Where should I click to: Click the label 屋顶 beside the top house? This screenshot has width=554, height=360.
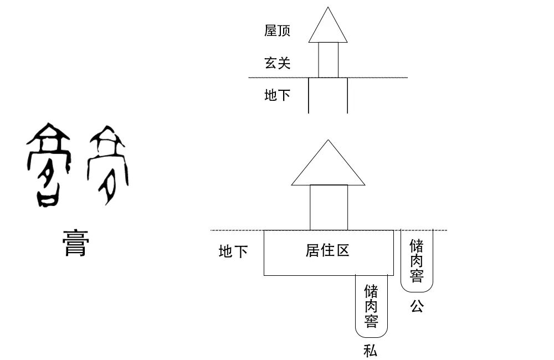pyautogui.click(x=278, y=30)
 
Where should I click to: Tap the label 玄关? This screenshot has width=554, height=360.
pyautogui.click(x=278, y=63)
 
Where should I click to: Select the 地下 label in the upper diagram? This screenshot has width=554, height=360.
pyautogui.click(x=278, y=95)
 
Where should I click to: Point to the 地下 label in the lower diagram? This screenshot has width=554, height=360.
pyautogui.click(x=233, y=252)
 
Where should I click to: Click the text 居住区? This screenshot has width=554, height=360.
pyautogui.click(x=327, y=250)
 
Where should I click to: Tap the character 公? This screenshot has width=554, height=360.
pyautogui.click(x=417, y=306)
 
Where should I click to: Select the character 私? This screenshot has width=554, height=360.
pyautogui.click(x=371, y=350)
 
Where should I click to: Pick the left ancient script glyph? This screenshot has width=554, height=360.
pyautogui.click(x=49, y=165)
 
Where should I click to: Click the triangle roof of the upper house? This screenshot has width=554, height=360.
pyautogui.click(x=328, y=30)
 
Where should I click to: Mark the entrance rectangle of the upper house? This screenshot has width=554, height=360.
pyautogui.click(x=328, y=60)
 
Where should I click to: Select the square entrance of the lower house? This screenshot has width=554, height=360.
pyautogui.click(x=329, y=207)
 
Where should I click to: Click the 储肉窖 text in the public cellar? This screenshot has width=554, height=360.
pyautogui.click(x=417, y=260)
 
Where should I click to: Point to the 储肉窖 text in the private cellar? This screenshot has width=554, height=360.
pyautogui.click(x=371, y=306)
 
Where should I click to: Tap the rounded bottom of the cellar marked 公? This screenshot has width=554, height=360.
pyautogui.click(x=417, y=288)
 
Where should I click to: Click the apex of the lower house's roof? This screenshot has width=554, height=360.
pyautogui.click(x=329, y=140)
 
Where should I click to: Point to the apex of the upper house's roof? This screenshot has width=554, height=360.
pyautogui.click(x=329, y=8)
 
